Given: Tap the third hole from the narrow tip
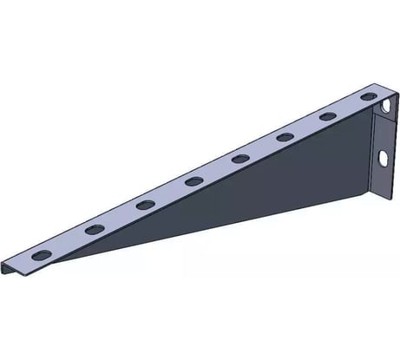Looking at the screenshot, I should click(145, 205).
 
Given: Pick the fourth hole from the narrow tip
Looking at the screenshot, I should click(193, 181).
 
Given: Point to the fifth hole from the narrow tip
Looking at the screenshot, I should click(240, 158).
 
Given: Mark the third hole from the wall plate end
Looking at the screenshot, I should click(285, 135).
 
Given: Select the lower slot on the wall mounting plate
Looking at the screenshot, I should click(383, 159).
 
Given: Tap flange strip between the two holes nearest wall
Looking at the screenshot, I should click(348, 104).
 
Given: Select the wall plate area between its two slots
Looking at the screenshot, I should click(383, 132).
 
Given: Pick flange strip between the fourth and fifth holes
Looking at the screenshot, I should click(217, 170).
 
